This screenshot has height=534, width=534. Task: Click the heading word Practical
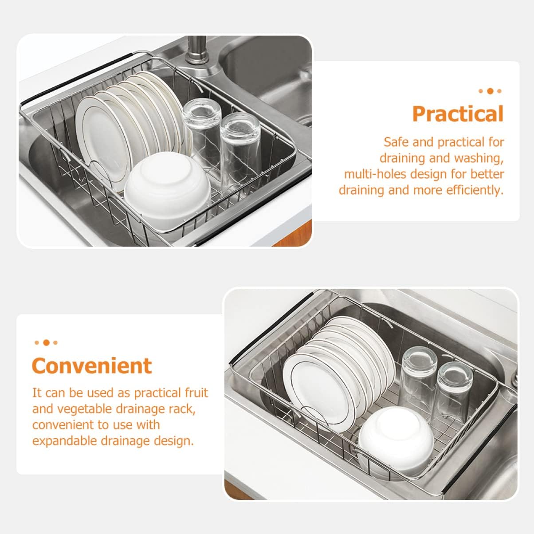(458, 114)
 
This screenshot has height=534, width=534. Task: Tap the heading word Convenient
(92, 366)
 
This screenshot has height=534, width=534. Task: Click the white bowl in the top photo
(167, 185)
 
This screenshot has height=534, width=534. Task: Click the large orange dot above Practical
(490, 91)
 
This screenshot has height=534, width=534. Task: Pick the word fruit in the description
(196, 393)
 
